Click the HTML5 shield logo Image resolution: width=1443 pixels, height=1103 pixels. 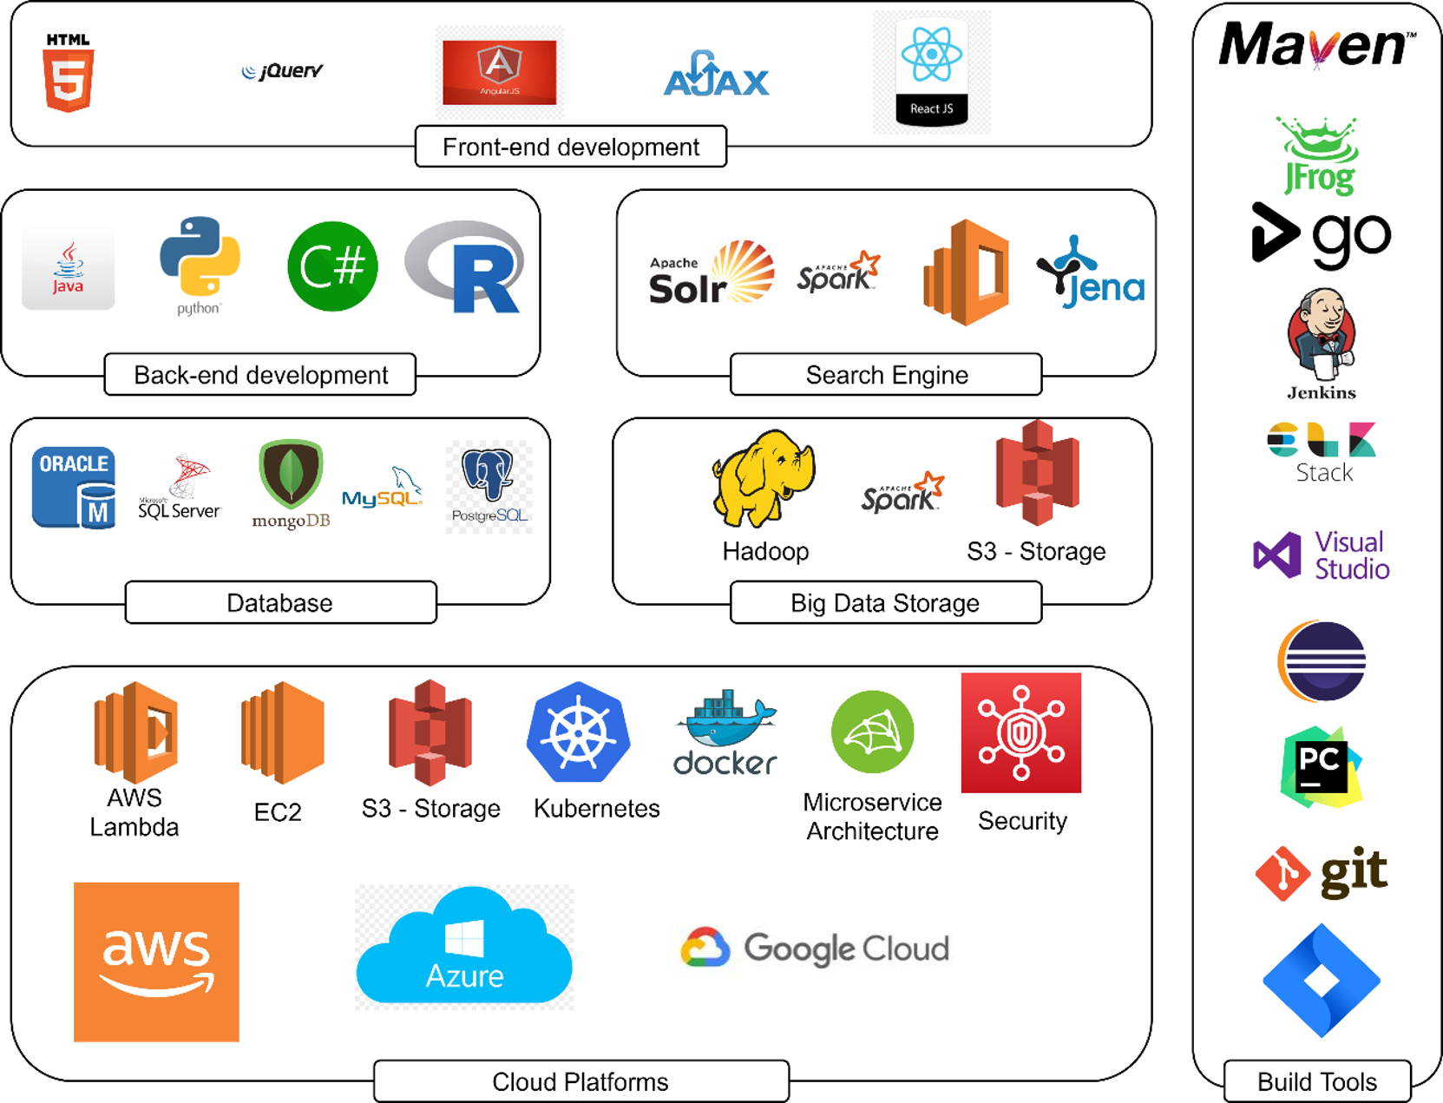pyautogui.click(x=69, y=75)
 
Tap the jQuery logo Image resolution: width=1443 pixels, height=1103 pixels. pyautogui.click(x=282, y=71)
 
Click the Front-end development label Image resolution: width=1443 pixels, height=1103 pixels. pyautogui.click(x=571, y=147)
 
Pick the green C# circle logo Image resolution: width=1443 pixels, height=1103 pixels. pyautogui.click(x=332, y=266)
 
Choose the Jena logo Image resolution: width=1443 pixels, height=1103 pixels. pyautogui.click(x=1091, y=272)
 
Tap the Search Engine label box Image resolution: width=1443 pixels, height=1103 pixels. pyautogui.click(x=886, y=375)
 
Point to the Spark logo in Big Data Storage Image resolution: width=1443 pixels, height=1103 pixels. pyautogui.click(x=902, y=493)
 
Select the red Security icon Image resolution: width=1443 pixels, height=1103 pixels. pyautogui.click(x=1021, y=732)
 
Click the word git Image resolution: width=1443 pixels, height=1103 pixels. pyautogui.click(x=1354, y=871)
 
